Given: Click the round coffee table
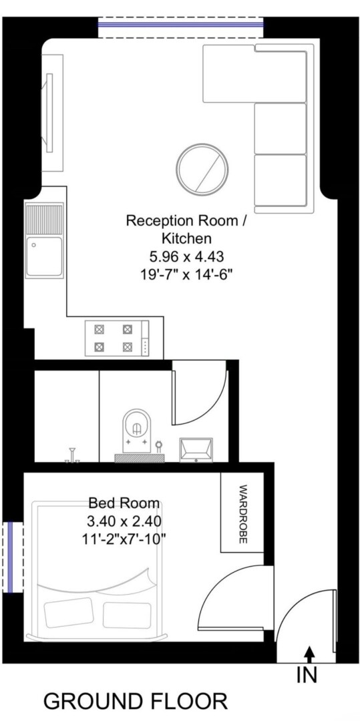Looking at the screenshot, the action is tap(202, 169).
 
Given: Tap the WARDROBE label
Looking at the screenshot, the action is tap(243, 513).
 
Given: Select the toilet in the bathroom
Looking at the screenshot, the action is tap(136, 431).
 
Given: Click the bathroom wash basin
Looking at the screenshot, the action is tap(196, 449).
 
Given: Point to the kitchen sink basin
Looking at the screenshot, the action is tap(44, 256).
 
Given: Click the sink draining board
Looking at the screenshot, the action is tap(44, 219).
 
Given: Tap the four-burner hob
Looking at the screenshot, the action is tap(117, 338).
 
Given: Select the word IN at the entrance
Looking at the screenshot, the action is tap(307, 675).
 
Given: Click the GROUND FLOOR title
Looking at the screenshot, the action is tap(136, 702).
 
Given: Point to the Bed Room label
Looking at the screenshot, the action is tap(124, 503).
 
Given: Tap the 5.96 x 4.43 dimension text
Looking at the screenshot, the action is tap(186, 256).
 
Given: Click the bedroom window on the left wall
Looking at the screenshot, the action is tap(13, 557).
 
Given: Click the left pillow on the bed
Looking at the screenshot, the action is tap(69, 612).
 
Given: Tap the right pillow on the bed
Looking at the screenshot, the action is tap(127, 616).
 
